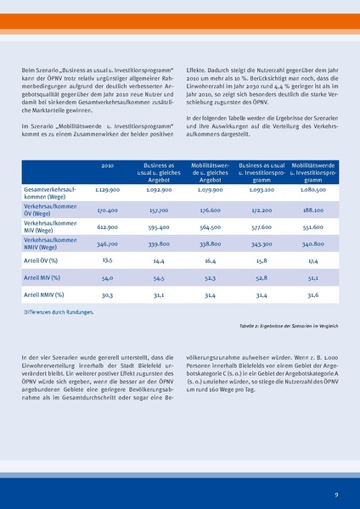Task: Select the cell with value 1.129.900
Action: pyautogui.click(x=107, y=191)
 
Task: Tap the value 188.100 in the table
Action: pyautogui.click(x=313, y=209)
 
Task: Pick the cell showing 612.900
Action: pyautogui.click(x=107, y=227)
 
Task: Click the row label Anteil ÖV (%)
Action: pyautogui.click(x=46, y=260)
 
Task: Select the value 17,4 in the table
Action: pyautogui.click(x=313, y=260)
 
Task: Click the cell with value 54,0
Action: pyautogui.click(x=107, y=277)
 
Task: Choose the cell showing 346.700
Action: pyautogui.click(x=107, y=243)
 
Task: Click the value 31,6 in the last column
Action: pyautogui.click(x=313, y=294)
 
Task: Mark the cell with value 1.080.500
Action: pyautogui.click(x=313, y=191)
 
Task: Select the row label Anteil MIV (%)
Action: pyautogui.click(x=47, y=277)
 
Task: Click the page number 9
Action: pyautogui.click(x=336, y=493)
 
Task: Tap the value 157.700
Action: pyautogui.click(x=159, y=209)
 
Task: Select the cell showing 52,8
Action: pyautogui.click(x=262, y=277)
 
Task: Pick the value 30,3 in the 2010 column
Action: pyautogui.click(x=107, y=294)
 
